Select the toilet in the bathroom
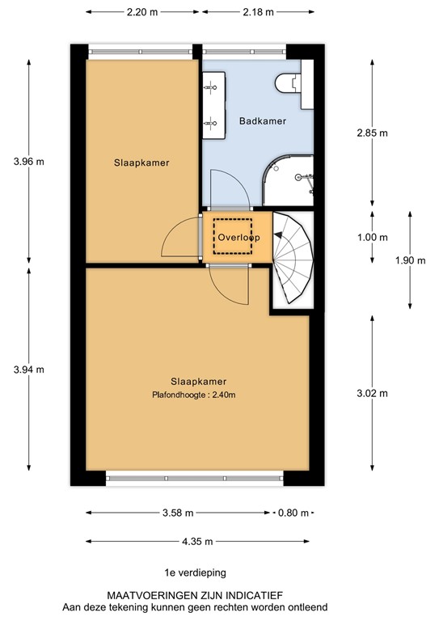[289, 82]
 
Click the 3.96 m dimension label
[28, 161]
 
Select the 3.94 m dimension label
[28, 370]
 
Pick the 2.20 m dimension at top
[142, 12]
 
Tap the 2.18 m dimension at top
[256, 12]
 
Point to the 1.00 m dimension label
[373, 238]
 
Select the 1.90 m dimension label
[409, 260]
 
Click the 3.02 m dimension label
[373, 394]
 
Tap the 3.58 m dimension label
[177, 513]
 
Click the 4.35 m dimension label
[197, 542]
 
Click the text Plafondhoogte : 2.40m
[198, 395]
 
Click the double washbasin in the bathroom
[214, 101]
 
